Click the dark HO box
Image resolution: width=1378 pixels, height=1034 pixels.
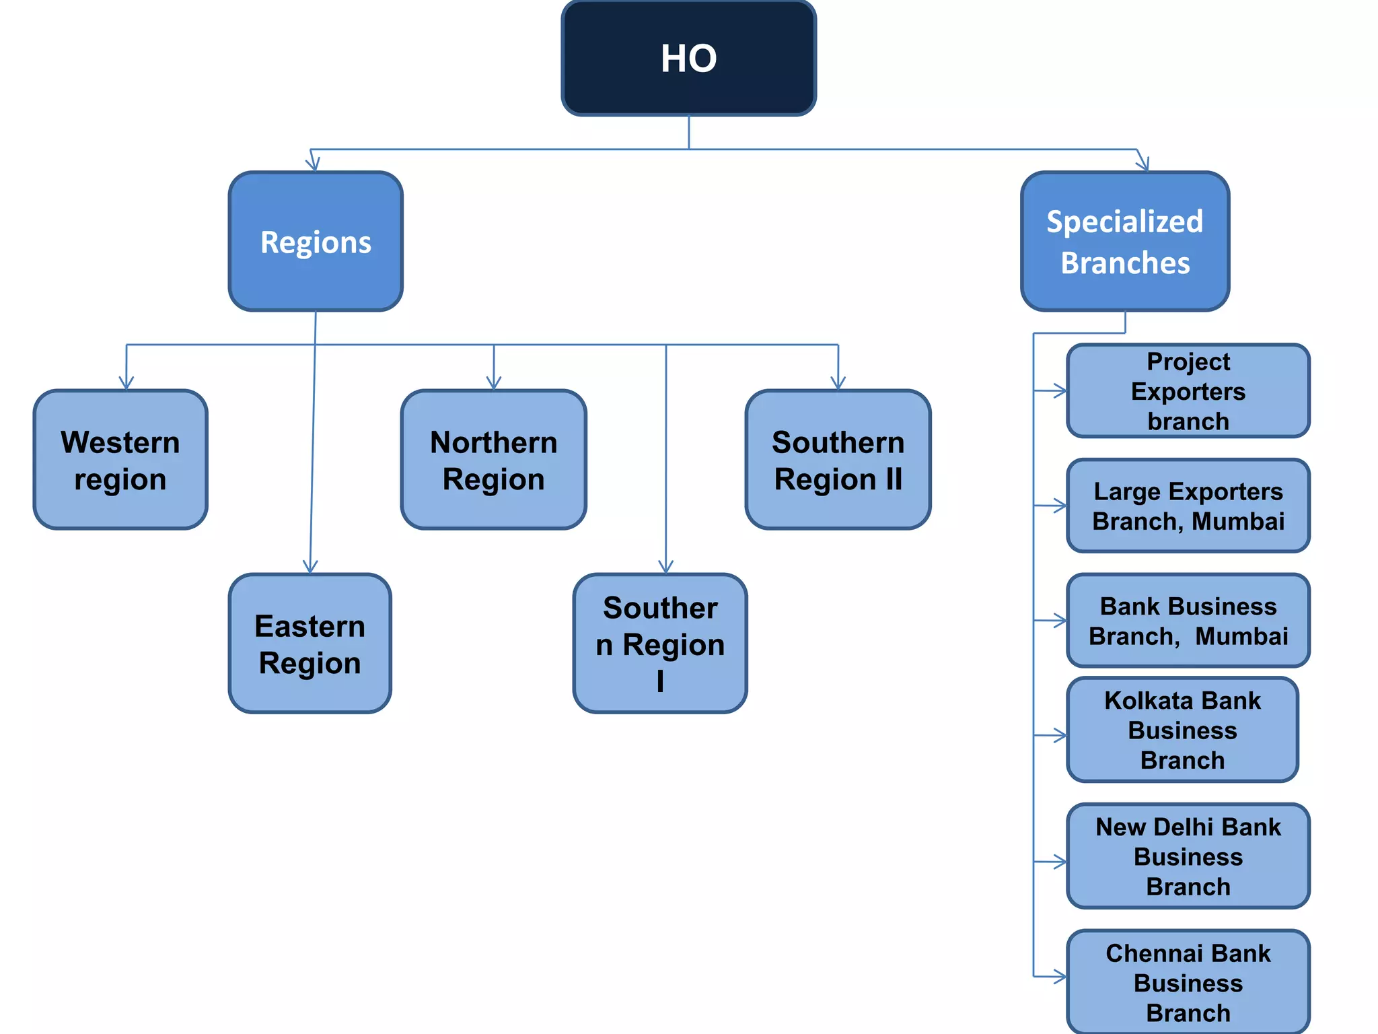(688, 59)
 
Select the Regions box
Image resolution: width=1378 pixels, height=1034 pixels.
(316, 242)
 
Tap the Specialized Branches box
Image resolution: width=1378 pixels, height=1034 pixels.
(1124, 242)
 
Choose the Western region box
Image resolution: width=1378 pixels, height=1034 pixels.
(120, 460)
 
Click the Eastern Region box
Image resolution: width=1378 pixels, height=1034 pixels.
(310, 644)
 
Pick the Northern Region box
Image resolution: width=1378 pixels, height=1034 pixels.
(493, 460)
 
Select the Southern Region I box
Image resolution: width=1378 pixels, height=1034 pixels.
(659, 644)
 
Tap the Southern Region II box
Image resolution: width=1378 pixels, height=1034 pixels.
(838, 460)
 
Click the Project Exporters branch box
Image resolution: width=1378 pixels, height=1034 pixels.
(1188, 391)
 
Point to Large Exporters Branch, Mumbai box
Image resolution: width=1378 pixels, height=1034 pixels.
(1188, 506)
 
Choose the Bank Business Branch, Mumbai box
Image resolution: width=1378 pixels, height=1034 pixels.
(1188, 621)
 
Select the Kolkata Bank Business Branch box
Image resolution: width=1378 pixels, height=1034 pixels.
(1182, 730)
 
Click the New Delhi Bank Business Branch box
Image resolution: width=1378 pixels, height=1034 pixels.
(1188, 856)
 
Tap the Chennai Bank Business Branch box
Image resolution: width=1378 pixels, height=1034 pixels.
(1188, 982)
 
